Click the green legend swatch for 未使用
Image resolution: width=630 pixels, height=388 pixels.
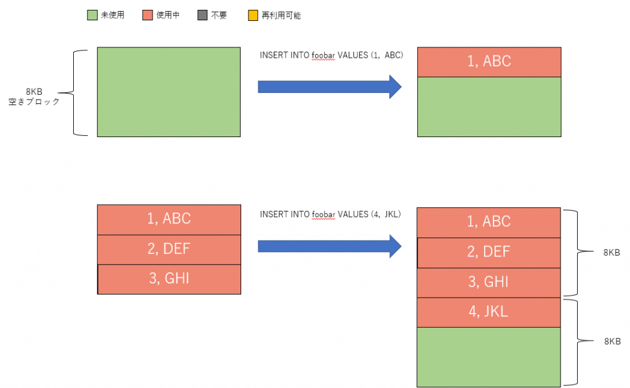click(92, 15)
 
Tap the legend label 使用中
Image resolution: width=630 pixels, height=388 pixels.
click(168, 15)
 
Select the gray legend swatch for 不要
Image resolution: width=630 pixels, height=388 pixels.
click(202, 15)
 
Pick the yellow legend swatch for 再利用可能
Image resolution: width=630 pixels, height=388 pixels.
click(253, 15)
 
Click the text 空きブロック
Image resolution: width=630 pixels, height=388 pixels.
click(34, 101)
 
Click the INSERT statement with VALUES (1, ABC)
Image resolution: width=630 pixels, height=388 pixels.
click(332, 55)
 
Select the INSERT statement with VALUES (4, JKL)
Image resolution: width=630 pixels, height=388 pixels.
click(330, 214)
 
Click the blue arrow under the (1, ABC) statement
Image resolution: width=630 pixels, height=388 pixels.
click(330, 87)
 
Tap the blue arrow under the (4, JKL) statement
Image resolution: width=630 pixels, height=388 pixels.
click(330, 246)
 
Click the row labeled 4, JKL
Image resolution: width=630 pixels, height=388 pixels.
click(488, 312)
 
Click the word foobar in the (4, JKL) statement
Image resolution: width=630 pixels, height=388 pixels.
click(324, 214)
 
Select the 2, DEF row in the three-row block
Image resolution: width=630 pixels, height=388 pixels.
click(169, 250)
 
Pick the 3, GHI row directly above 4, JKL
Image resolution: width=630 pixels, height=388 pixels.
click(488, 283)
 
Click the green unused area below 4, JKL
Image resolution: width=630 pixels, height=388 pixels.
click(488, 357)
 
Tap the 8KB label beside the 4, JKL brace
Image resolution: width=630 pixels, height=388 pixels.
click(612, 341)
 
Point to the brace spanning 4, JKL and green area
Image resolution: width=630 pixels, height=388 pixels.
click(578, 341)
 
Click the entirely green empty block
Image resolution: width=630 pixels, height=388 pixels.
click(169, 92)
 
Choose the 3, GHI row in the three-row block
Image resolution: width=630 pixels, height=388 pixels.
click(169, 279)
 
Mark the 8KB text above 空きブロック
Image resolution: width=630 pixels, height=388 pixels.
click(34, 92)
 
